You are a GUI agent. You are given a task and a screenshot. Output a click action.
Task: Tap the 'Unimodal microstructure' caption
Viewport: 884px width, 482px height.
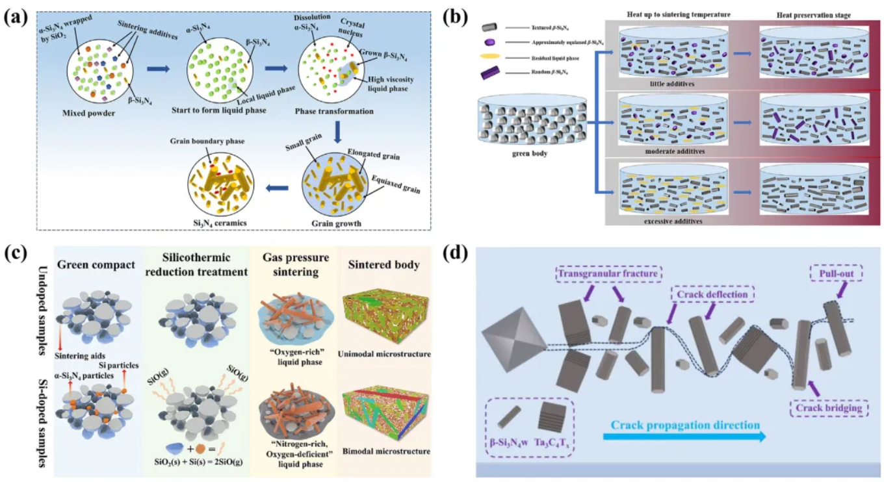click(x=385, y=355)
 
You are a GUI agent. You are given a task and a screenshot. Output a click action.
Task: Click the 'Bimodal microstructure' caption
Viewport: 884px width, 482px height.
click(x=385, y=451)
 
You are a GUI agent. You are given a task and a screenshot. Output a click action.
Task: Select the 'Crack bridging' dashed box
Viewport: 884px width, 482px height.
click(x=827, y=409)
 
